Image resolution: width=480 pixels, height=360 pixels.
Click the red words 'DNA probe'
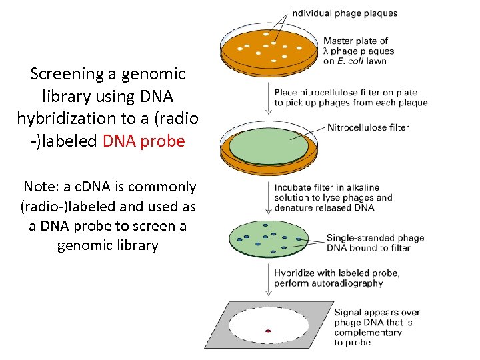point(144,141)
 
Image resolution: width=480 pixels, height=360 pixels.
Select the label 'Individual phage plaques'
point(343,13)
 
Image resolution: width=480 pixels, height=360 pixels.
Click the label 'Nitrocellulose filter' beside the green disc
point(368,127)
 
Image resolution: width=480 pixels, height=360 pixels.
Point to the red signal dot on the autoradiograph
point(268,330)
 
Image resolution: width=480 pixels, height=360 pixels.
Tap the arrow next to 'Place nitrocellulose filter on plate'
point(269,97)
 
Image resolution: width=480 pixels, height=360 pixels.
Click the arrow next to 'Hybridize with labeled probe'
point(269,278)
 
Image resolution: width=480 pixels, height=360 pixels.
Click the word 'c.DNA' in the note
point(97,187)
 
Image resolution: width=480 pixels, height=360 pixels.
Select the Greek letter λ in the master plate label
point(327,51)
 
